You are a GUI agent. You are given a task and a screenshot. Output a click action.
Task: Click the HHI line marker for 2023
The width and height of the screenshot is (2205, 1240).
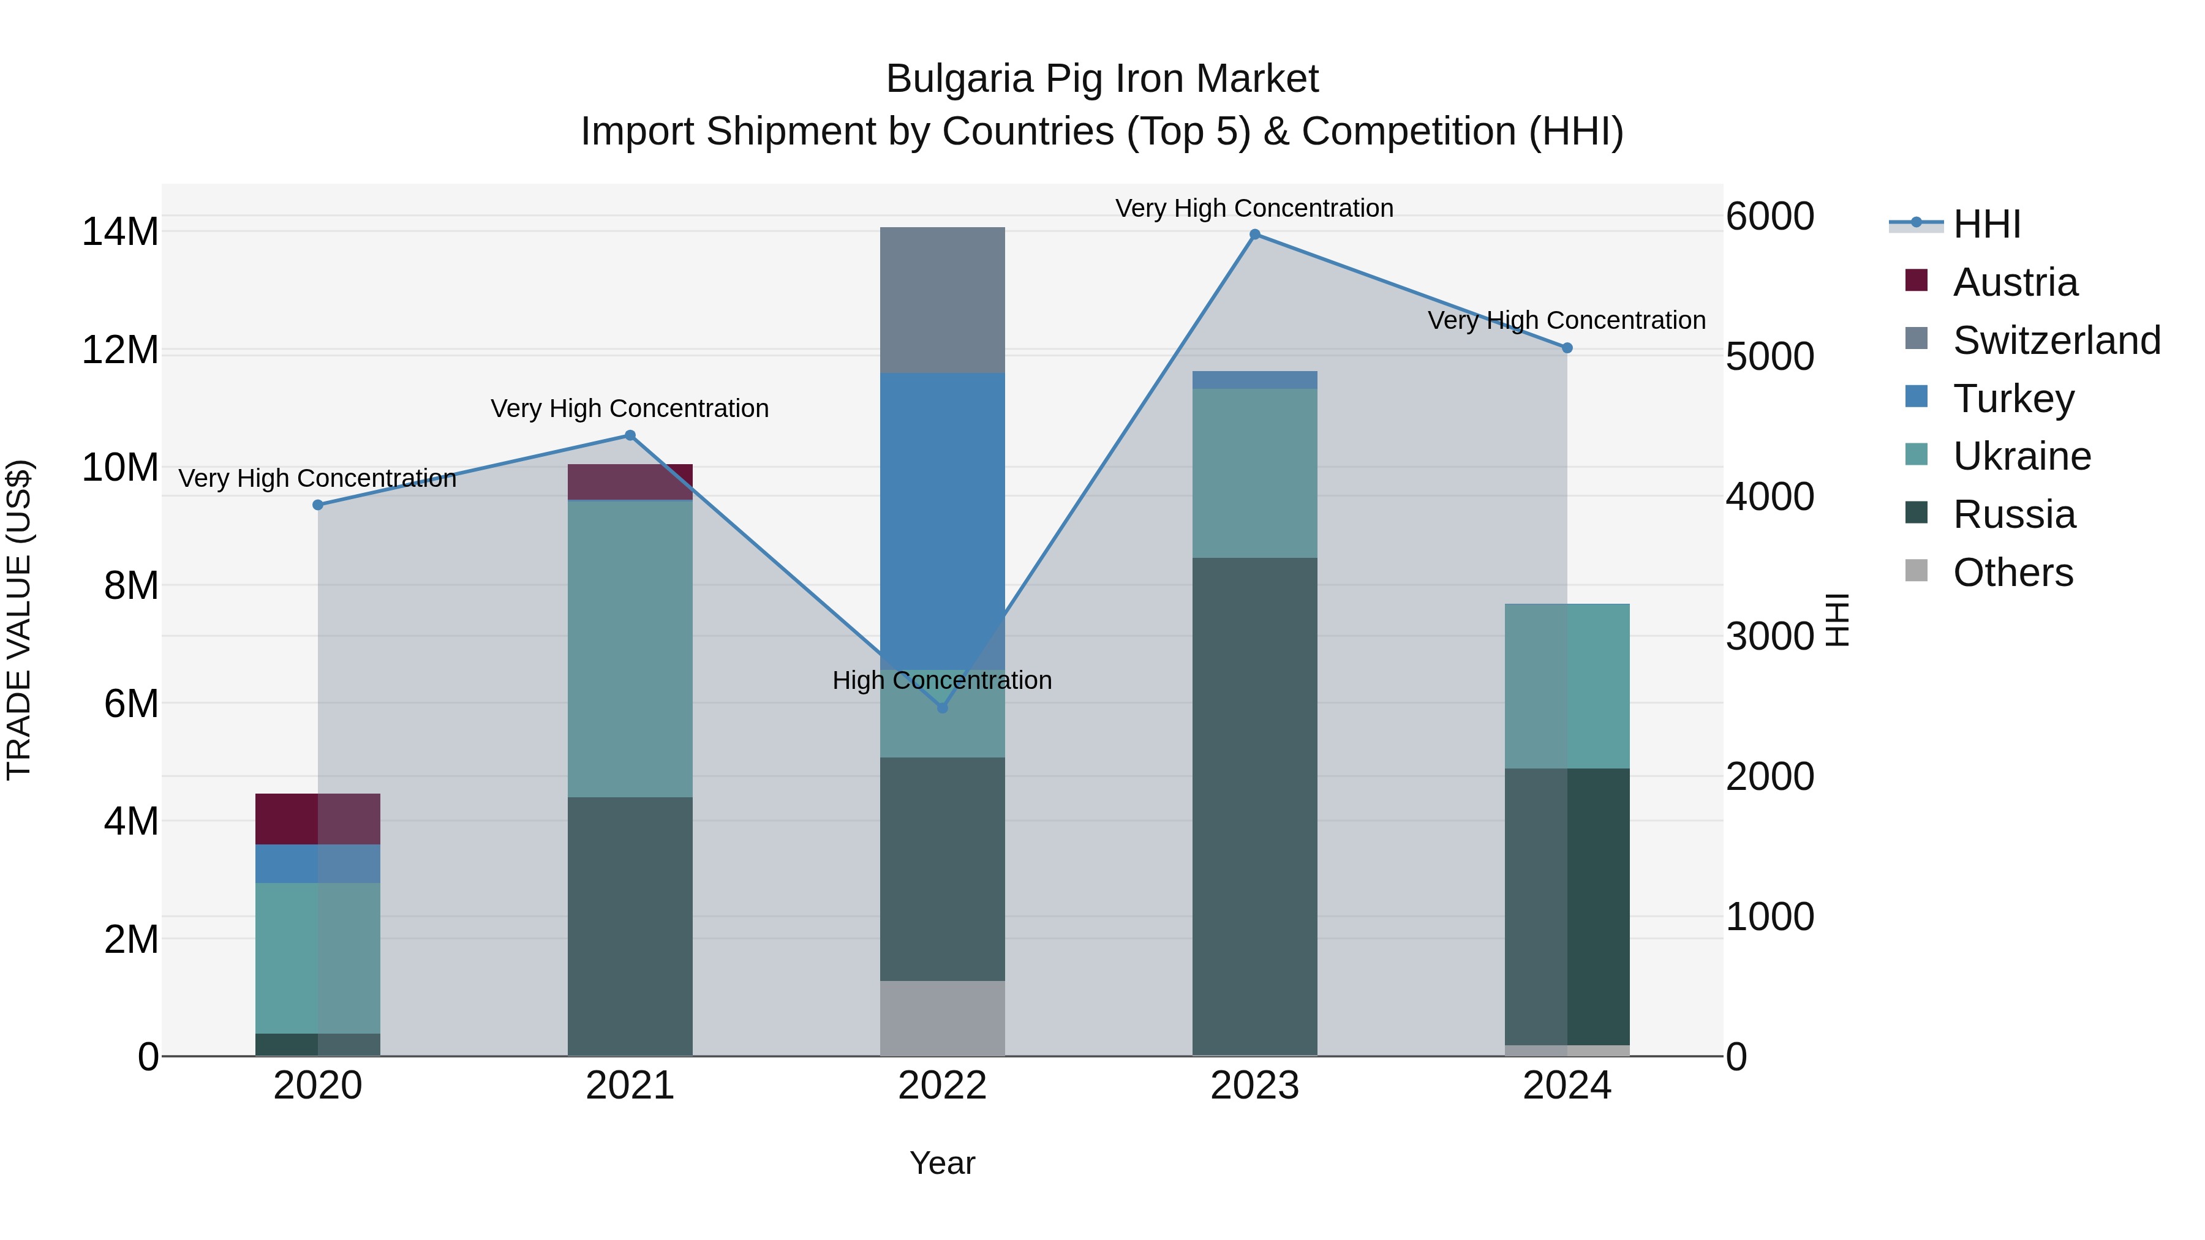pos(1255,235)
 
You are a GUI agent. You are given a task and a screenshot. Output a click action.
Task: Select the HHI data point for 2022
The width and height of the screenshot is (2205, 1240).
pos(943,708)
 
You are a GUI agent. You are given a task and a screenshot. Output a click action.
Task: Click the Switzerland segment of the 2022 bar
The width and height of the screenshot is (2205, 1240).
pos(943,299)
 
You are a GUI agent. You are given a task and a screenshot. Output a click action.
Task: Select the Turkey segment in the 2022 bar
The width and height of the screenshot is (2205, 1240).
pos(943,514)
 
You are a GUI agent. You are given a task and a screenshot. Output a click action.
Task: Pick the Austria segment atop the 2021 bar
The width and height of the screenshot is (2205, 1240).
pos(630,482)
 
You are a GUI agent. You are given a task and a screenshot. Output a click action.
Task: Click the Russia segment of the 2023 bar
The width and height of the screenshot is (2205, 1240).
pos(1255,805)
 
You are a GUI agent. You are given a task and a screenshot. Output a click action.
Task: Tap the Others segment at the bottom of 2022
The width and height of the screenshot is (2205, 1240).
pos(943,1018)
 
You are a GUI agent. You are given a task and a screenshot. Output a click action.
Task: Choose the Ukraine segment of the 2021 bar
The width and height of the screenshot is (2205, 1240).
pos(630,648)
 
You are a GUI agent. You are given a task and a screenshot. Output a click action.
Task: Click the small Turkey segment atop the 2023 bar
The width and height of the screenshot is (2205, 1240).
pos(1255,380)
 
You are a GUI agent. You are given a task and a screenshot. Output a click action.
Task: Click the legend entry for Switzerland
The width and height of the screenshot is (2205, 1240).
pos(2056,340)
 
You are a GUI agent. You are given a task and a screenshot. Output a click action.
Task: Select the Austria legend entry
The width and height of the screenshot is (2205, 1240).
pos(2015,282)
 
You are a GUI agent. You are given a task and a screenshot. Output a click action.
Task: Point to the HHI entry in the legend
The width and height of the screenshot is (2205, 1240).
pos(1986,224)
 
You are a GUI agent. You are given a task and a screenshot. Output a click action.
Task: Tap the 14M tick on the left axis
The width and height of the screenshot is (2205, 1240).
pos(120,232)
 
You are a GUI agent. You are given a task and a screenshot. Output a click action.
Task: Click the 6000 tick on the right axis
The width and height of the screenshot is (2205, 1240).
pos(1770,217)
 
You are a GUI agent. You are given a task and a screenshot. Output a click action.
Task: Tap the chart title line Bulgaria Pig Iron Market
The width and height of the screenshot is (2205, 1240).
pos(1102,79)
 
